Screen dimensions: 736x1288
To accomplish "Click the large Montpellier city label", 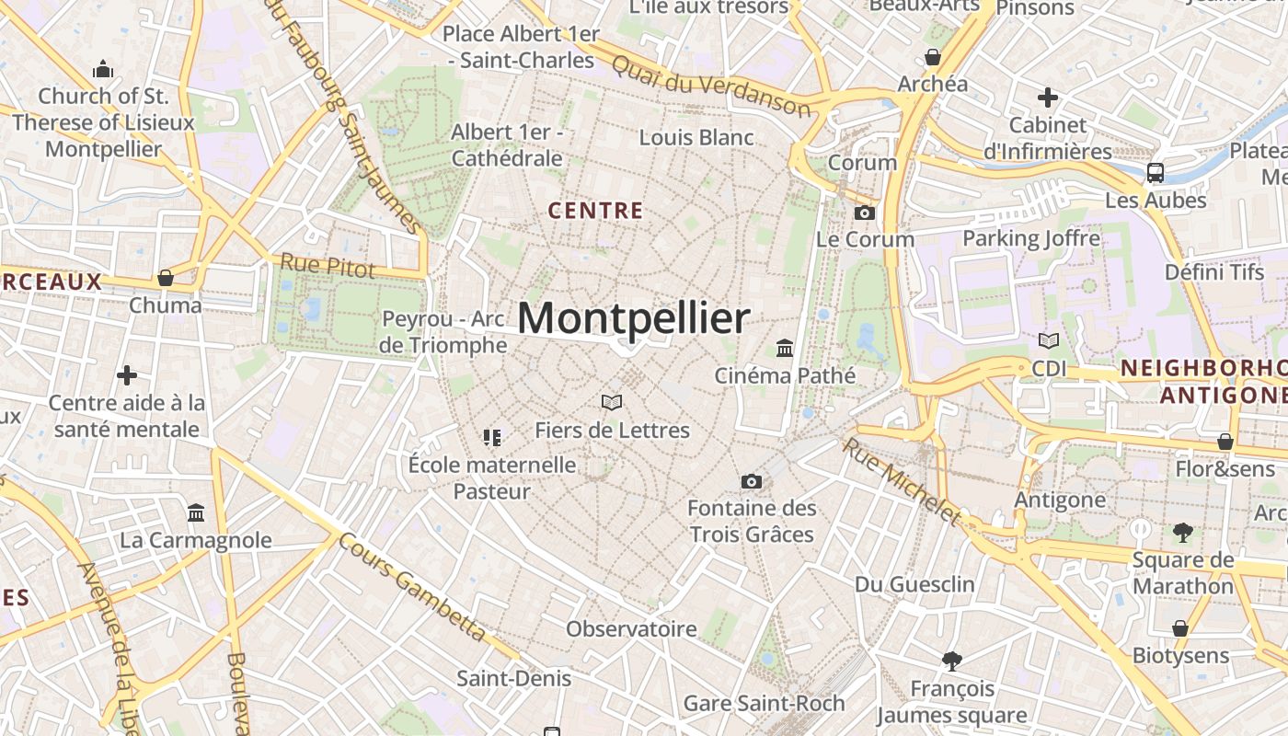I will pyautogui.click(x=634, y=318).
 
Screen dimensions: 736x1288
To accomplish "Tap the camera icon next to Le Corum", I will pyautogui.click(x=864, y=213).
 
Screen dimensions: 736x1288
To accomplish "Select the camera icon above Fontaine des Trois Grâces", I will pyautogui.click(x=752, y=481).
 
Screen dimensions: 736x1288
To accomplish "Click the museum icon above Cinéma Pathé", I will pyautogui.click(x=785, y=348).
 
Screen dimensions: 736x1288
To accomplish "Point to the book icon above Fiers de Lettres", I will pyautogui.click(x=612, y=402).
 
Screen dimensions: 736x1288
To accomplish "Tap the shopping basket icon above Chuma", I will pyautogui.click(x=166, y=277).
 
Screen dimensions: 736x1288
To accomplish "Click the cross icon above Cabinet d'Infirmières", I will pyautogui.click(x=1047, y=97).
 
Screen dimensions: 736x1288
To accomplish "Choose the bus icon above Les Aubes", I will pyautogui.click(x=1156, y=172).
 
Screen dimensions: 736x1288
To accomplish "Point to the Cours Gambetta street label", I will pyautogui.click(x=412, y=587).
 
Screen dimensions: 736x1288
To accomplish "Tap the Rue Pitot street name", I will pyautogui.click(x=328, y=266).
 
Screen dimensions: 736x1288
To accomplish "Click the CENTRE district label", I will pyautogui.click(x=595, y=211).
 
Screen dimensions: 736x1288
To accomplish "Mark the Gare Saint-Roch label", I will pyautogui.click(x=764, y=704).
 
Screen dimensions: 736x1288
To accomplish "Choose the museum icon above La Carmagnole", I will pyautogui.click(x=196, y=512).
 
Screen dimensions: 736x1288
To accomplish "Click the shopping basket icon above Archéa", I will pyautogui.click(x=933, y=58).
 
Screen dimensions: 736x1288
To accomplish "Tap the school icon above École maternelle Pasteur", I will pyautogui.click(x=492, y=437).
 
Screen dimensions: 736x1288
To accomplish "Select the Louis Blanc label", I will pyautogui.click(x=696, y=138).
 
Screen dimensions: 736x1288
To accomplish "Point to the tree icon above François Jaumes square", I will pyautogui.click(x=952, y=660).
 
